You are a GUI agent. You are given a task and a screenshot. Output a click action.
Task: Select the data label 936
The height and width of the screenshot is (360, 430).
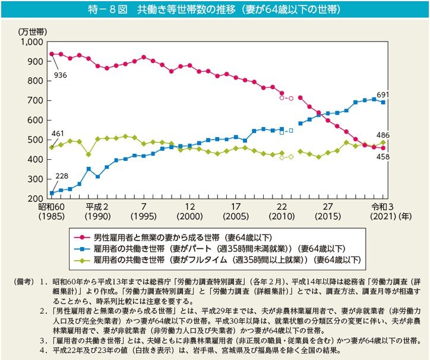pos(61,75)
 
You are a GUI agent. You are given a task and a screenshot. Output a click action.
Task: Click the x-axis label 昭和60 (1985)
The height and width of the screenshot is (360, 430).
pos(52,211)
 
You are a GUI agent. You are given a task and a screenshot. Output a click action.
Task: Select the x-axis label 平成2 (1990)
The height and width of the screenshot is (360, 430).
pos(97,211)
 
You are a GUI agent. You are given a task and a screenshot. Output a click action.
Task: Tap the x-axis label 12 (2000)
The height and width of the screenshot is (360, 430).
pos(189,211)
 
